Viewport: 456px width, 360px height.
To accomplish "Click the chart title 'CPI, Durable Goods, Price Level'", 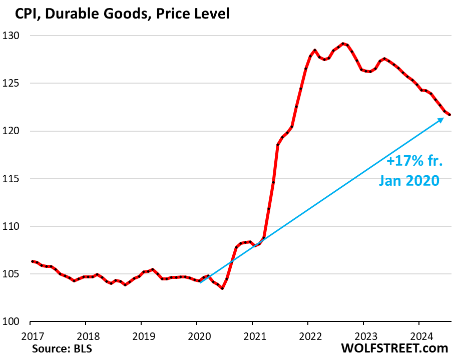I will point(116,14).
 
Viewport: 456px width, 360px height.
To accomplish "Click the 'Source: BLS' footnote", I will point(62,348).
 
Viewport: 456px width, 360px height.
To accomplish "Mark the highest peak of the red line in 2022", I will point(342,44).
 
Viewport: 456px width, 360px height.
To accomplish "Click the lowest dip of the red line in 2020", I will point(222,288).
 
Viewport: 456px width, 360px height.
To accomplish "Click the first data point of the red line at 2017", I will point(32,261).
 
